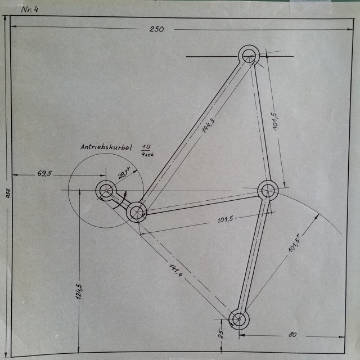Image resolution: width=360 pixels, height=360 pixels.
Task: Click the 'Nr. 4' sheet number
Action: point(29,9)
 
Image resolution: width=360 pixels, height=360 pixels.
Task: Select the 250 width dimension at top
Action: point(156,29)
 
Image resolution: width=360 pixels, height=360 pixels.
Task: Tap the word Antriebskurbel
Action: point(106,148)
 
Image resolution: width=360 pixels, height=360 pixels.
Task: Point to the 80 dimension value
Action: point(292,335)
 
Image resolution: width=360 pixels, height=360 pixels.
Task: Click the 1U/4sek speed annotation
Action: point(147,150)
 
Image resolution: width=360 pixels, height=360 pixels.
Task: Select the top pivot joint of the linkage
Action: point(248,56)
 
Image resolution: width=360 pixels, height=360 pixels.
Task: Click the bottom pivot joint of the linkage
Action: point(239,319)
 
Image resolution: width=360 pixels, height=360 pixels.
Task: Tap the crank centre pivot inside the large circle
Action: point(105,191)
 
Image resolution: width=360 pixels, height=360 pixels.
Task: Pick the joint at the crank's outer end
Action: point(137,212)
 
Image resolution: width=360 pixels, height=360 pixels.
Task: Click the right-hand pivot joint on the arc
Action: point(268,190)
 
